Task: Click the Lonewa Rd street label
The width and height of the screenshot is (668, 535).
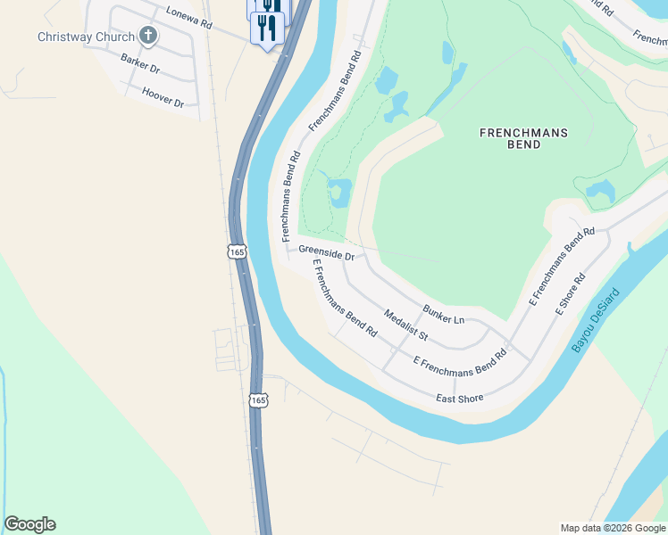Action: [x=188, y=17]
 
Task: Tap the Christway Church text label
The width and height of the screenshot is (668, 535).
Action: [x=86, y=37]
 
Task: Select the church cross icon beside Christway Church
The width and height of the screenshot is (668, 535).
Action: [x=148, y=37]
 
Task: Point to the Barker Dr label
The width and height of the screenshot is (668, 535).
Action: [x=140, y=62]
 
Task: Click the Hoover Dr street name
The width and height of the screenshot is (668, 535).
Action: [x=163, y=97]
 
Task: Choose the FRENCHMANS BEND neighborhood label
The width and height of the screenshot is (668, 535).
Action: [x=523, y=138]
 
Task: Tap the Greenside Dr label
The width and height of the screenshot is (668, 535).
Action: [x=327, y=253]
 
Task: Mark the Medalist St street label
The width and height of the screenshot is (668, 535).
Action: [x=406, y=325]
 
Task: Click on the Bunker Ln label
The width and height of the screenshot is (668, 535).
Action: [x=444, y=313]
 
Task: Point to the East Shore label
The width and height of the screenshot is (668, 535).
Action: [x=459, y=398]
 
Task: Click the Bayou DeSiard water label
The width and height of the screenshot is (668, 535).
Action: [x=595, y=318]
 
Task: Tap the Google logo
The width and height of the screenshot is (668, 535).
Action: [x=29, y=524]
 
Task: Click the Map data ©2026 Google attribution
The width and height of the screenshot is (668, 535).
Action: [x=612, y=528]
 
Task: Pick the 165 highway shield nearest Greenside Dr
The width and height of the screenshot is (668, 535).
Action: [x=237, y=252]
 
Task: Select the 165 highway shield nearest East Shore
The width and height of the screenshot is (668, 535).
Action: [x=258, y=400]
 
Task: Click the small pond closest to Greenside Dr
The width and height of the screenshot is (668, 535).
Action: [x=338, y=193]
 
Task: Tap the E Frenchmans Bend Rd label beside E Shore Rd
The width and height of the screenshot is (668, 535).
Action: [x=562, y=267]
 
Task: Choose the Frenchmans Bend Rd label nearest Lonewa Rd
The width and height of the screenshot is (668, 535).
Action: [x=336, y=91]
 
